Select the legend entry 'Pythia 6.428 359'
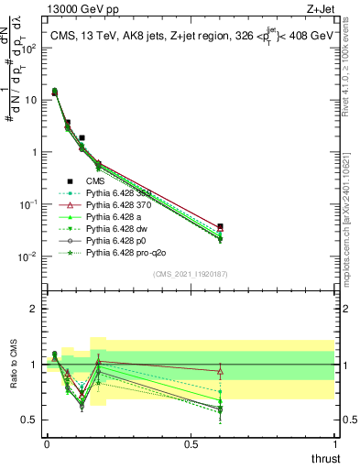pyautogui.click(x=122, y=193)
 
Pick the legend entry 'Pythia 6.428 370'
pyautogui.click(x=122, y=205)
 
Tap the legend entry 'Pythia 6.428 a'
pyautogui.click(x=117, y=216)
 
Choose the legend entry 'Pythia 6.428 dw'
pyautogui.click(x=120, y=228)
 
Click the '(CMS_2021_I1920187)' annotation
pyautogui.click(x=191, y=273)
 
